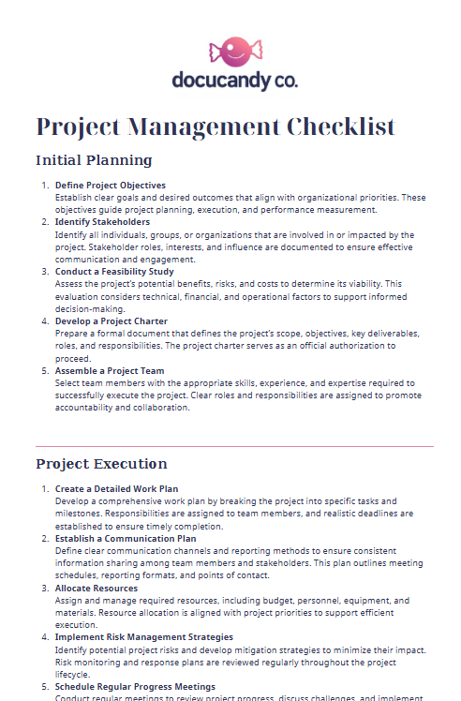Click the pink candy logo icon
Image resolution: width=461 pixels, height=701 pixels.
click(x=230, y=51)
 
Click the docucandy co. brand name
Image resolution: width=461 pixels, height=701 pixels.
click(x=234, y=81)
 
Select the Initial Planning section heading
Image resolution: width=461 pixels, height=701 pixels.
click(x=94, y=159)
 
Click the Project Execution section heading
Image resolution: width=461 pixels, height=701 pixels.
click(x=101, y=464)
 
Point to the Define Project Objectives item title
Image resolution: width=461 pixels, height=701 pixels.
click(x=111, y=186)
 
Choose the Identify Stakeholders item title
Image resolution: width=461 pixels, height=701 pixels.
click(x=102, y=222)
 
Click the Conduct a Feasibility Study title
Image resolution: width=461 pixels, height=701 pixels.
click(x=115, y=271)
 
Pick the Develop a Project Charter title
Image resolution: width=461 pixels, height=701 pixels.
click(x=112, y=321)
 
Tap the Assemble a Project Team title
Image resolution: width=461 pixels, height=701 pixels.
click(x=110, y=371)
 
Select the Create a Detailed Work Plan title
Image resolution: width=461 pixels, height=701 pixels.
click(x=116, y=489)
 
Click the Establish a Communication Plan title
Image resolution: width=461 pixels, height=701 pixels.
click(x=126, y=539)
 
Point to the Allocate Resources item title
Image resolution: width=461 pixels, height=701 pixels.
click(x=97, y=588)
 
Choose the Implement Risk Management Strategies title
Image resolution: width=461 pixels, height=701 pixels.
click(x=144, y=637)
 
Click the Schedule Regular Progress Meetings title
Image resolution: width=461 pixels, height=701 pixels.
click(x=135, y=687)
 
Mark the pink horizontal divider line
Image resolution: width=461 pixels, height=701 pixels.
click(x=234, y=446)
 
